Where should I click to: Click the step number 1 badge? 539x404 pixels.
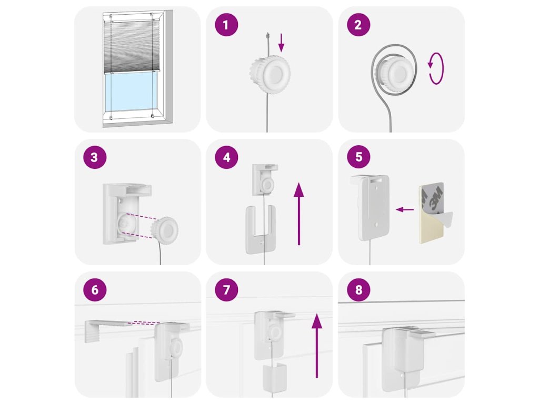(226, 24)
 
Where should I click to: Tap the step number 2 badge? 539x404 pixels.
(358, 24)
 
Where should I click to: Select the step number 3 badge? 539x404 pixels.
(95, 157)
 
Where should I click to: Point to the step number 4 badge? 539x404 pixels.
(226, 157)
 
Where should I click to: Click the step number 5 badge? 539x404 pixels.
(358, 157)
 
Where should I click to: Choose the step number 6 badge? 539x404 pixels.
(95, 290)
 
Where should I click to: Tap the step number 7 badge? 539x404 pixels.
(226, 290)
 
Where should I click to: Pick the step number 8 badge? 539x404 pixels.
(358, 290)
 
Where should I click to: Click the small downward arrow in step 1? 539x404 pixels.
(282, 43)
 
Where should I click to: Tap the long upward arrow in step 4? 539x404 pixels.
(299, 214)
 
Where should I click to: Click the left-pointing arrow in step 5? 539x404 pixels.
(405, 209)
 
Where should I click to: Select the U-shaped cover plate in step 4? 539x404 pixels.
(261, 229)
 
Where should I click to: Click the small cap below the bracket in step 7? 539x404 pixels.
(275, 377)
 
